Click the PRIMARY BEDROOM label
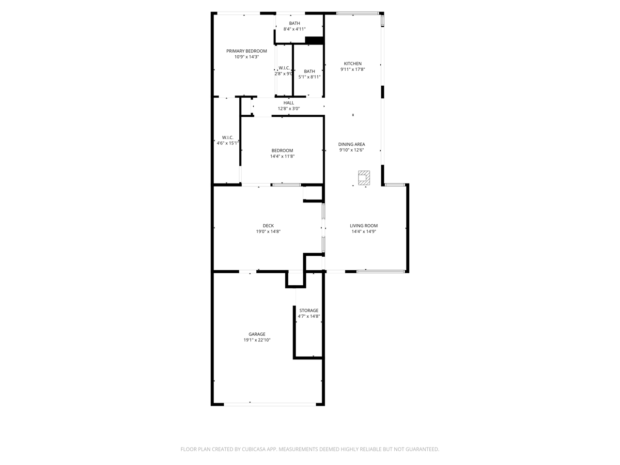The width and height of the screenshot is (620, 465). (x=247, y=51)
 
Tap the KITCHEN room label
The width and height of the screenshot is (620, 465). (x=353, y=63)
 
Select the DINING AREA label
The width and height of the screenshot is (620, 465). (x=351, y=144)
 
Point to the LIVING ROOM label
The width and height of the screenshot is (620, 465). (x=364, y=226)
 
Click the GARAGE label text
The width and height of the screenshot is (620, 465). (x=257, y=334)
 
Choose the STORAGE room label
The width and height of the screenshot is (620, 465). (x=309, y=310)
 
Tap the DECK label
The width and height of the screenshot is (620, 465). (x=268, y=226)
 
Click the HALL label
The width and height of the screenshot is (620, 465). (x=288, y=103)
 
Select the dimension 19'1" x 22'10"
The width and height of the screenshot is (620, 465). (x=257, y=340)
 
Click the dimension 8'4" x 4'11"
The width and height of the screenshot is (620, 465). (x=294, y=29)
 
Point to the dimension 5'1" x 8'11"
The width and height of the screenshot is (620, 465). (x=310, y=77)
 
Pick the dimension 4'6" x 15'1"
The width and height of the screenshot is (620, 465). (x=227, y=143)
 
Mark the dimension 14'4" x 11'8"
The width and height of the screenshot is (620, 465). (x=282, y=156)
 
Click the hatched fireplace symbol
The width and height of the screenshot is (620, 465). (x=364, y=178)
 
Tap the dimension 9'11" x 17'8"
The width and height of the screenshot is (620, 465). (x=353, y=69)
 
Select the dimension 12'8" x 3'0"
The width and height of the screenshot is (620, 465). (x=288, y=108)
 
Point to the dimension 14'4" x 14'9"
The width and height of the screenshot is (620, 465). (x=364, y=232)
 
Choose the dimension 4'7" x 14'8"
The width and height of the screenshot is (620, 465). (x=309, y=316)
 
